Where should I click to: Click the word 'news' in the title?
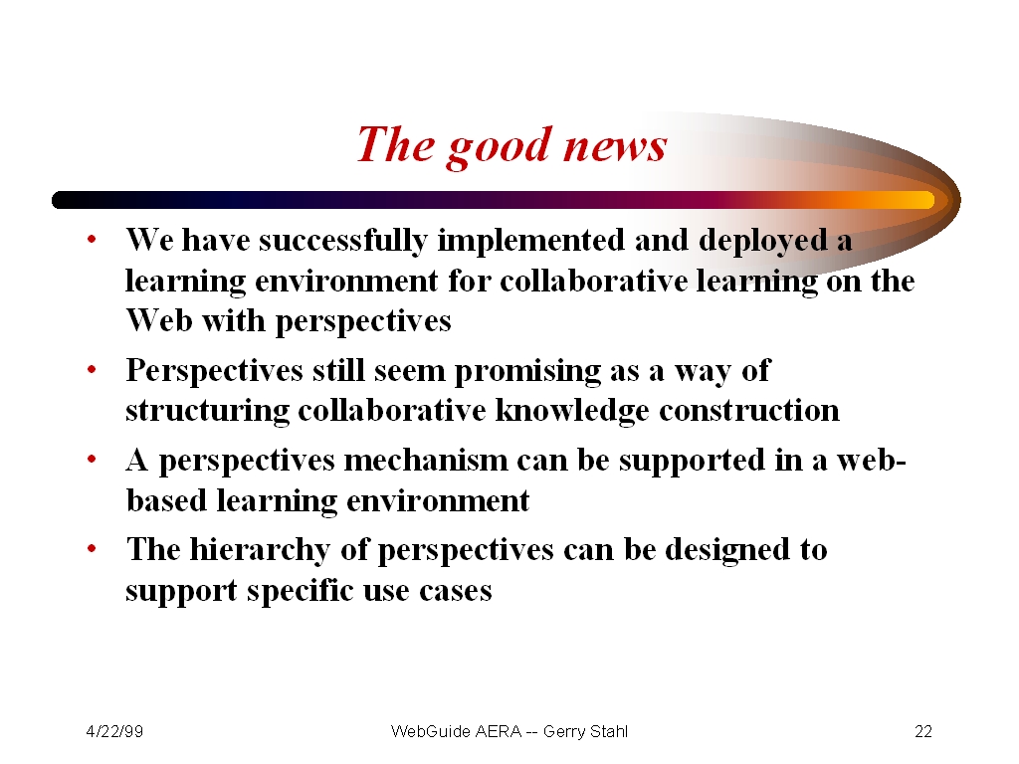(x=615, y=146)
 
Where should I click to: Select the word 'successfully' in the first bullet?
(x=343, y=242)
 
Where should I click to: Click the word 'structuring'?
(x=207, y=412)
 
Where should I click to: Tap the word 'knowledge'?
(x=572, y=412)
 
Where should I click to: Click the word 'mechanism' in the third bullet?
(x=426, y=461)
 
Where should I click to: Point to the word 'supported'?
(x=692, y=462)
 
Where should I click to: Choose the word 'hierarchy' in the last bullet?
(x=260, y=551)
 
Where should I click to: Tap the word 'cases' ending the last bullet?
(x=455, y=591)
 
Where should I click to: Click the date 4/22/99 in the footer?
(x=114, y=731)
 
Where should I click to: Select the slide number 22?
(x=923, y=731)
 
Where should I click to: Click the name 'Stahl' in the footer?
(x=608, y=731)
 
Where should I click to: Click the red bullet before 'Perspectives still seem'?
(x=92, y=370)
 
